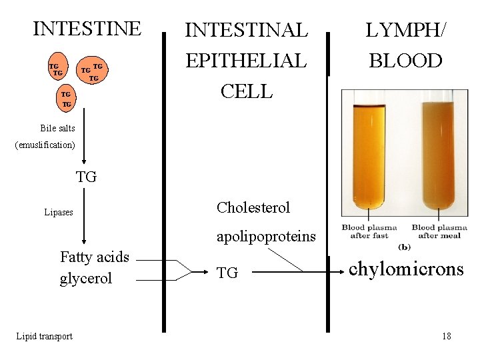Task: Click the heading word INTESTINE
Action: pyautogui.click(x=87, y=29)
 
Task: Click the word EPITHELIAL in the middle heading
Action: pyautogui.click(x=246, y=61)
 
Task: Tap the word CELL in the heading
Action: pyautogui.click(x=246, y=91)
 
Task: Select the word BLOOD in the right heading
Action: pyautogui.click(x=405, y=61)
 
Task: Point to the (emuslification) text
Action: pyautogui.click(x=45, y=145)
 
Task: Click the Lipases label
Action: pyautogui.click(x=59, y=213)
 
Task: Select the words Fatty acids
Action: pyautogui.click(x=95, y=257)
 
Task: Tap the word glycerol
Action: pyautogui.click(x=86, y=278)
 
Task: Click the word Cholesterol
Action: pyautogui.click(x=253, y=208)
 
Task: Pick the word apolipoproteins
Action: pyautogui.click(x=266, y=237)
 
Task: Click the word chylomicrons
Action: pyautogui.click(x=406, y=269)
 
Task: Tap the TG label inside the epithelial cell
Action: pyautogui.click(x=227, y=273)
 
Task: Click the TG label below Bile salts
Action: pyautogui.click(x=86, y=177)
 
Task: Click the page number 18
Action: pyautogui.click(x=446, y=336)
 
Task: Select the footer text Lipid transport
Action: pyautogui.click(x=44, y=336)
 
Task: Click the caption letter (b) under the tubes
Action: pyautogui.click(x=404, y=247)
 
